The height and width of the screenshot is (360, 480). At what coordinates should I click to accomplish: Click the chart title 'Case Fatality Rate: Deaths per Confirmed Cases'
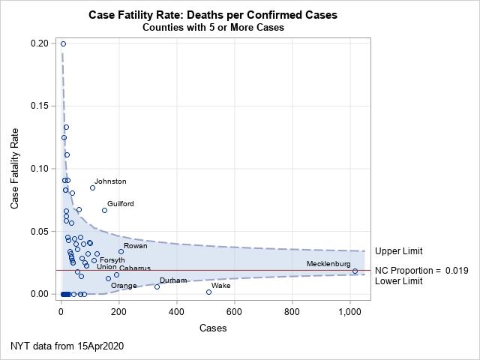tap(212, 15)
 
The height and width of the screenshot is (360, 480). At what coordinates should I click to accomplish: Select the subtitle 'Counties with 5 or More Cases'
tap(212, 28)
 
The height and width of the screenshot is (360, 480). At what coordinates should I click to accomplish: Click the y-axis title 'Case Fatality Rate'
tap(16, 169)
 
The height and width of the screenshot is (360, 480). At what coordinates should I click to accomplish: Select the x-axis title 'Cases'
tap(213, 328)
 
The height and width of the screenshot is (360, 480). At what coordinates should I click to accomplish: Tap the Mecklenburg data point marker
tap(355, 271)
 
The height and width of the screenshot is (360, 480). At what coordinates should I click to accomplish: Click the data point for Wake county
tap(208, 292)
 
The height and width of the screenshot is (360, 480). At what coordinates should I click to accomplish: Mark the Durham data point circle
tap(157, 286)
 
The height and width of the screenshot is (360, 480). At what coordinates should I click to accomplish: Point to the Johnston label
tap(110, 181)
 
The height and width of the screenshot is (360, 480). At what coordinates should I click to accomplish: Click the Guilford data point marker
tap(104, 210)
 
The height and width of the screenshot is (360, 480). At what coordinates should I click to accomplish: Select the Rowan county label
tap(136, 246)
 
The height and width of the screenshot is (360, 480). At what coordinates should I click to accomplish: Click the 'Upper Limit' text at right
tap(399, 251)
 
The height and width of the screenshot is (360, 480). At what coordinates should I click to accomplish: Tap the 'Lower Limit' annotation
tap(399, 281)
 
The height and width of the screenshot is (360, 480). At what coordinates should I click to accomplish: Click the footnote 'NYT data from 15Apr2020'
tap(67, 346)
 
